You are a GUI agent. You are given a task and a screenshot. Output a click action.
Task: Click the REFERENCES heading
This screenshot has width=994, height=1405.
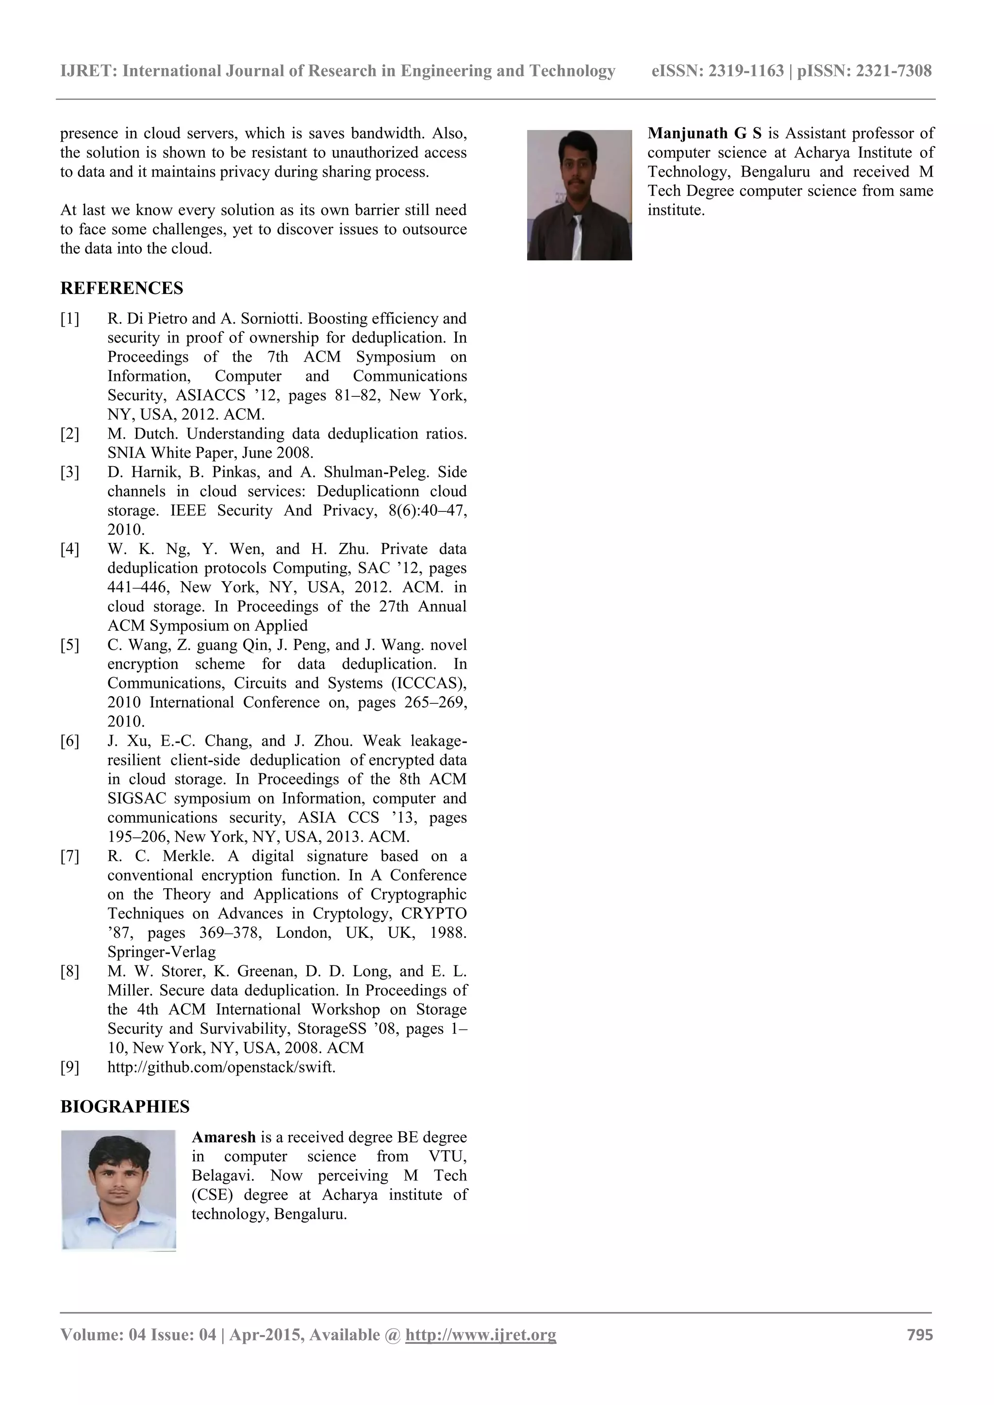[122, 288]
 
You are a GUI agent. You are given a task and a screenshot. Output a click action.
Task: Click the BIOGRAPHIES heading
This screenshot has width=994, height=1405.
[125, 1106]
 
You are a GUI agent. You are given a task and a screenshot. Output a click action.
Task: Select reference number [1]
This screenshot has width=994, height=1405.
[70, 319]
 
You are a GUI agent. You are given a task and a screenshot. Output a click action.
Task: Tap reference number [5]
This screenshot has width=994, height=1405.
[70, 645]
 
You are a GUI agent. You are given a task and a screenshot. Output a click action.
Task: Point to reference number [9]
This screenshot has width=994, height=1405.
[70, 1067]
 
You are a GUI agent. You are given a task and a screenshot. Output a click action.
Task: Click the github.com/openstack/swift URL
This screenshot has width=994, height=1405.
[222, 1067]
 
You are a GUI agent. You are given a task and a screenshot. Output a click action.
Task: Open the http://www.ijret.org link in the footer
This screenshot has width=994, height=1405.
[480, 1335]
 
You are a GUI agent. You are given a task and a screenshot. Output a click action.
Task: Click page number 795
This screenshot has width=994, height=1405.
[919, 1335]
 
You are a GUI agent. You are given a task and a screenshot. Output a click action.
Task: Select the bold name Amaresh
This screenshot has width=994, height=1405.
[223, 1138]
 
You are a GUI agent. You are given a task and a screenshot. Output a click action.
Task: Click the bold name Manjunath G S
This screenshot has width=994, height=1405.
[705, 133]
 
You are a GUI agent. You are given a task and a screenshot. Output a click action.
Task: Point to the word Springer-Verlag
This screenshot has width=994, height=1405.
[162, 952]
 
